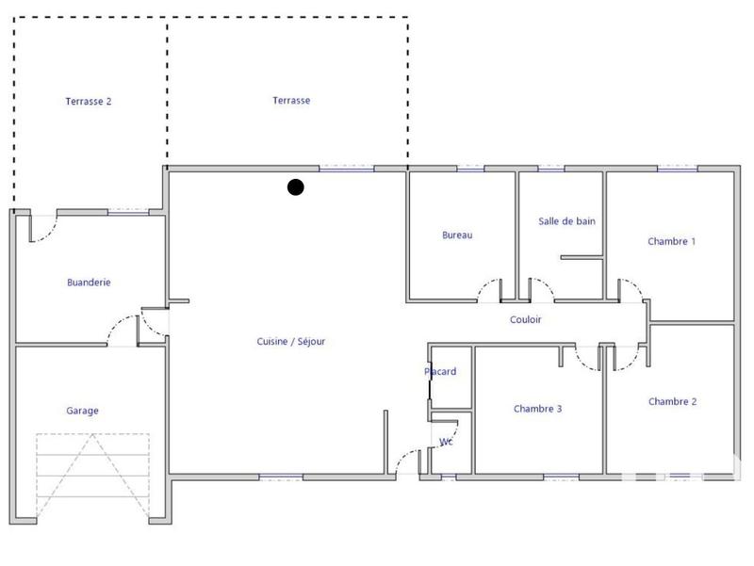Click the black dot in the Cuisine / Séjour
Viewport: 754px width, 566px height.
(295, 187)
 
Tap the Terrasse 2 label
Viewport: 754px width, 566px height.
(89, 102)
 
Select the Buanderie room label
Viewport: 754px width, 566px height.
(89, 283)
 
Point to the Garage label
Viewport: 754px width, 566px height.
(82, 411)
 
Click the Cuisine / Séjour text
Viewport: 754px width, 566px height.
(290, 342)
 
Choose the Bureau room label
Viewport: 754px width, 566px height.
(457, 235)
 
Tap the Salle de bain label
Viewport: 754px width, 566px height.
(566, 221)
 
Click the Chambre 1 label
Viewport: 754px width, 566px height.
(671, 241)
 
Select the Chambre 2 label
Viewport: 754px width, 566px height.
(672, 401)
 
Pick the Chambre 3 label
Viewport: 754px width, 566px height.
(538, 409)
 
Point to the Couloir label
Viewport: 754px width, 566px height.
(526, 320)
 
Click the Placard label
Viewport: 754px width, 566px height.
(440, 372)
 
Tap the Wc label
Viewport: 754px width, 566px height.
(446, 442)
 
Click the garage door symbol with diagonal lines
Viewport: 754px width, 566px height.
(92, 476)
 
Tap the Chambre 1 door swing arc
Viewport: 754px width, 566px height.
(630, 290)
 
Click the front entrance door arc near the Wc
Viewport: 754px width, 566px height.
(410, 462)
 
